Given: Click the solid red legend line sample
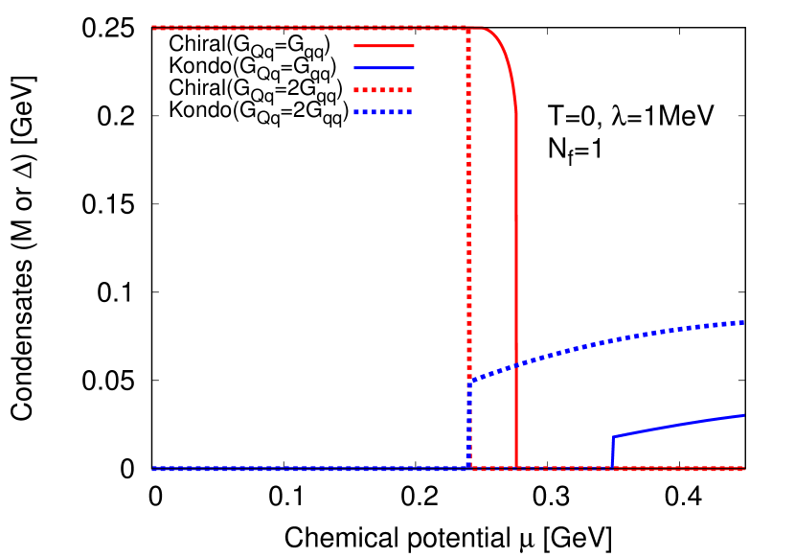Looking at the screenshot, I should [x=383, y=45].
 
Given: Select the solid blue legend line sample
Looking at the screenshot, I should [x=383, y=68].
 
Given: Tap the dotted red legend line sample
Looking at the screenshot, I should [x=383, y=90].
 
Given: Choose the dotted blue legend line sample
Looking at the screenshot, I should [x=383, y=112].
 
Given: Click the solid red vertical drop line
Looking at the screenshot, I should [x=516, y=288].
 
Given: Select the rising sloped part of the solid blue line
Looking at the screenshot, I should [x=680, y=426].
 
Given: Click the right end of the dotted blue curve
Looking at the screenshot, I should [x=743, y=322].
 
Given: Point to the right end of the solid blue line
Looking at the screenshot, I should [x=743, y=415].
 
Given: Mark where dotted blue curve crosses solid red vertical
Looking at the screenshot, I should [x=516, y=365].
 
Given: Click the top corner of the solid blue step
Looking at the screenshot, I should [x=613, y=437].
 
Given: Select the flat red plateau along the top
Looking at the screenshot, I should [x=307, y=28].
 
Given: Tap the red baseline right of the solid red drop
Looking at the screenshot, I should [x=632, y=469].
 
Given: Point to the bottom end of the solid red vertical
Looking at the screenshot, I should [x=516, y=467].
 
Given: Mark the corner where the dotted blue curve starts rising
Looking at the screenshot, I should [x=469, y=383].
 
